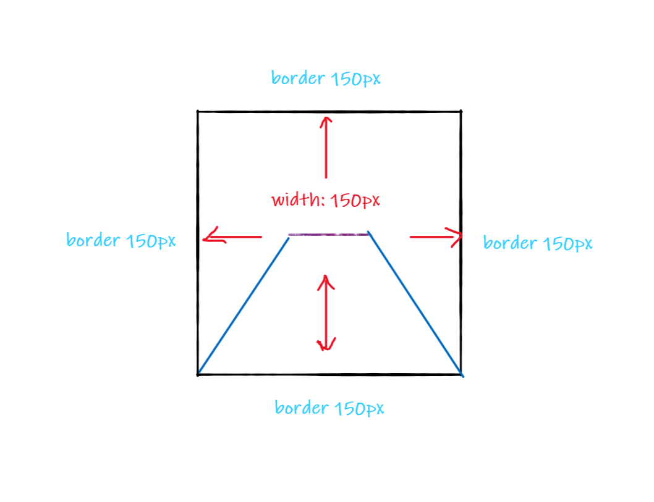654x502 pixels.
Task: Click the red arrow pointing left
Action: [232, 236]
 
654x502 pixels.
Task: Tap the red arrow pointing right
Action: [436, 236]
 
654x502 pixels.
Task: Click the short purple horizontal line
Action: [328, 235]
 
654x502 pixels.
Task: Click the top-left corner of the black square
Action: [198, 112]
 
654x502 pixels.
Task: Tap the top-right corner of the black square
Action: [461, 112]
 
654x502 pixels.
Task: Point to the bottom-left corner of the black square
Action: [198, 374]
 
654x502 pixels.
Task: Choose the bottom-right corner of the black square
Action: [461, 374]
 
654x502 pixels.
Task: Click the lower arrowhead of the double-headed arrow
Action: [326, 345]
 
